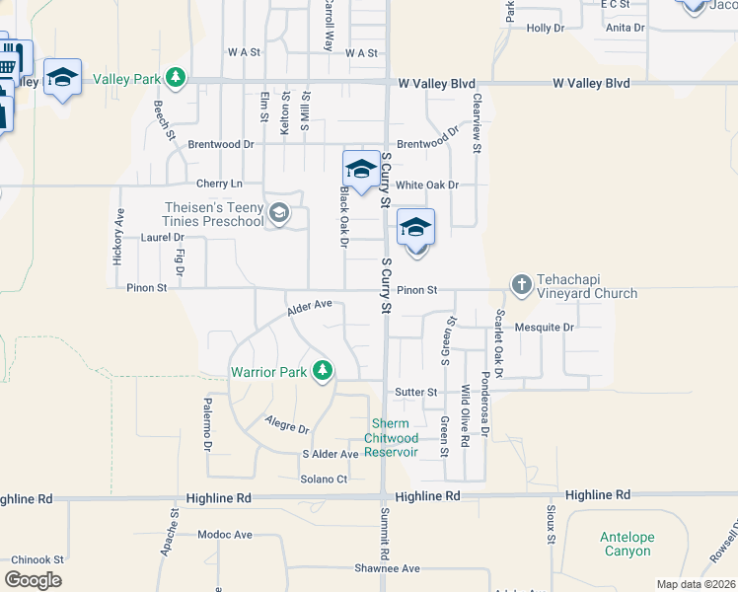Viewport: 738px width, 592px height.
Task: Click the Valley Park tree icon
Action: coord(176,77)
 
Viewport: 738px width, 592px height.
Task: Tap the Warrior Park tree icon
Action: coord(322,372)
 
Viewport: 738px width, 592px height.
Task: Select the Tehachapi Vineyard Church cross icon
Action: coord(522,285)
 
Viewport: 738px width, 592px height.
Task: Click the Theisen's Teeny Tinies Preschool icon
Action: coord(279,213)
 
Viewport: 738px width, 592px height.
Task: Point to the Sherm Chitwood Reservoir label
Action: coord(392,438)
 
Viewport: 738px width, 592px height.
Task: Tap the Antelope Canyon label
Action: coord(627,544)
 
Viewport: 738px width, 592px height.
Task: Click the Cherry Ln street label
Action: coord(219,184)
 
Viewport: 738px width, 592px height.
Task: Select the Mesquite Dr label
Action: coord(545,326)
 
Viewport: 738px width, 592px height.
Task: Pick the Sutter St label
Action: coord(416,392)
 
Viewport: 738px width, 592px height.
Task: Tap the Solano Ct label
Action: coord(325,480)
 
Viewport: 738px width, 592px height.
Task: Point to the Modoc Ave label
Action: coord(225,535)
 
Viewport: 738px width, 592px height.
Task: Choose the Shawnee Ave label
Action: coord(388,568)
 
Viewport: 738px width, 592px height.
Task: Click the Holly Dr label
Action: coord(545,29)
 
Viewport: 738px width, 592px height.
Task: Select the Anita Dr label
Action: coord(626,28)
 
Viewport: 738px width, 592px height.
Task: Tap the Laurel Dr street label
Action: coord(163,238)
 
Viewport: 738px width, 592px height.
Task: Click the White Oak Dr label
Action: coord(427,185)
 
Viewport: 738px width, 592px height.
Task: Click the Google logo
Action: coord(33,580)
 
